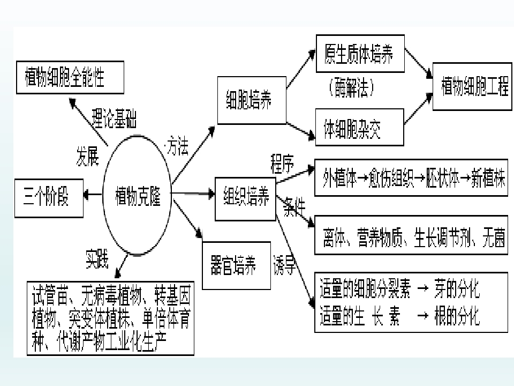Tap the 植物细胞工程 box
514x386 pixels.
[471, 86]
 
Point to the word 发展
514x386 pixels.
[87, 157]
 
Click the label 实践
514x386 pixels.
[97, 261]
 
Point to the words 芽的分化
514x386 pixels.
[456, 292]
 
